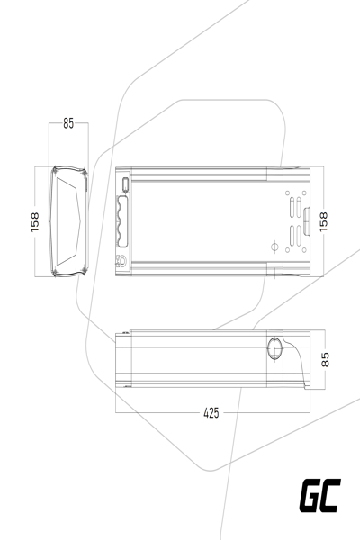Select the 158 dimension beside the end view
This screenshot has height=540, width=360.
point(35,221)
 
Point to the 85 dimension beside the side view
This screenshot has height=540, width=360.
point(326,359)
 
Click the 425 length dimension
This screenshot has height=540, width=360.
point(211,413)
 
